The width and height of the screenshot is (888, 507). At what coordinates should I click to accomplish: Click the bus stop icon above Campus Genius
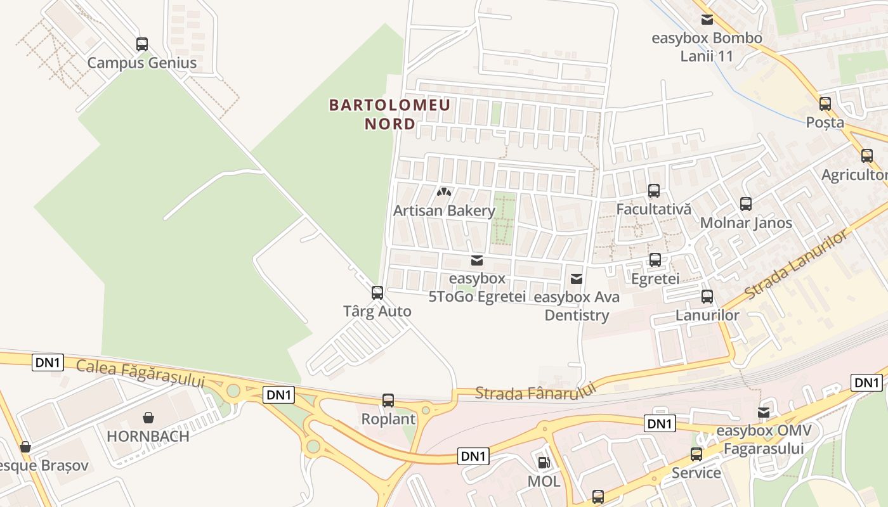tap(142, 44)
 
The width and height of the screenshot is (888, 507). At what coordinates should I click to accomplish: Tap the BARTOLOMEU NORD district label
tap(389, 114)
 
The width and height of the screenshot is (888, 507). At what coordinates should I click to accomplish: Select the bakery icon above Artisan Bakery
tap(444, 191)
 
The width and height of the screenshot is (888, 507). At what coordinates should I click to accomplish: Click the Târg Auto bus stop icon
tap(377, 292)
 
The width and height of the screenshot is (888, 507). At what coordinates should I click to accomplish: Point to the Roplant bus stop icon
tap(388, 400)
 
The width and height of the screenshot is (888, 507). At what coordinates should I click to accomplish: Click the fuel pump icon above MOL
tap(544, 463)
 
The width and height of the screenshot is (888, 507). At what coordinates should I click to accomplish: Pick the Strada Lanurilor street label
tap(796, 266)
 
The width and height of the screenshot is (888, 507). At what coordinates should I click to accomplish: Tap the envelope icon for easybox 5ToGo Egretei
tap(477, 260)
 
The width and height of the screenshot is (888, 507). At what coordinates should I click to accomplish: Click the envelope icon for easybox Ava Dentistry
tap(577, 278)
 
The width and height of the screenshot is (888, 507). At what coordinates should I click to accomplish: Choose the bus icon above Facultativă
tap(654, 190)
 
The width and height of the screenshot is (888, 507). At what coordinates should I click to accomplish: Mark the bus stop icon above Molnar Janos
tap(746, 204)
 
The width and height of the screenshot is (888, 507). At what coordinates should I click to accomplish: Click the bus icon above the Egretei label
tap(655, 260)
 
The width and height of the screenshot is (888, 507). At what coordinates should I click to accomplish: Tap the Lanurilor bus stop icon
tap(707, 296)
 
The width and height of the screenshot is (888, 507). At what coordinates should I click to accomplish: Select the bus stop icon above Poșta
tap(825, 103)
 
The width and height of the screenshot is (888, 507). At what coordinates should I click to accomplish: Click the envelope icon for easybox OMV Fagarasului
tap(764, 413)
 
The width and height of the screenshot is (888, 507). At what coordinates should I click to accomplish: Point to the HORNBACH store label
tap(148, 436)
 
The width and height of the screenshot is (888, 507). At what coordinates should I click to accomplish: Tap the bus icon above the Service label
tap(696, 454)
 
